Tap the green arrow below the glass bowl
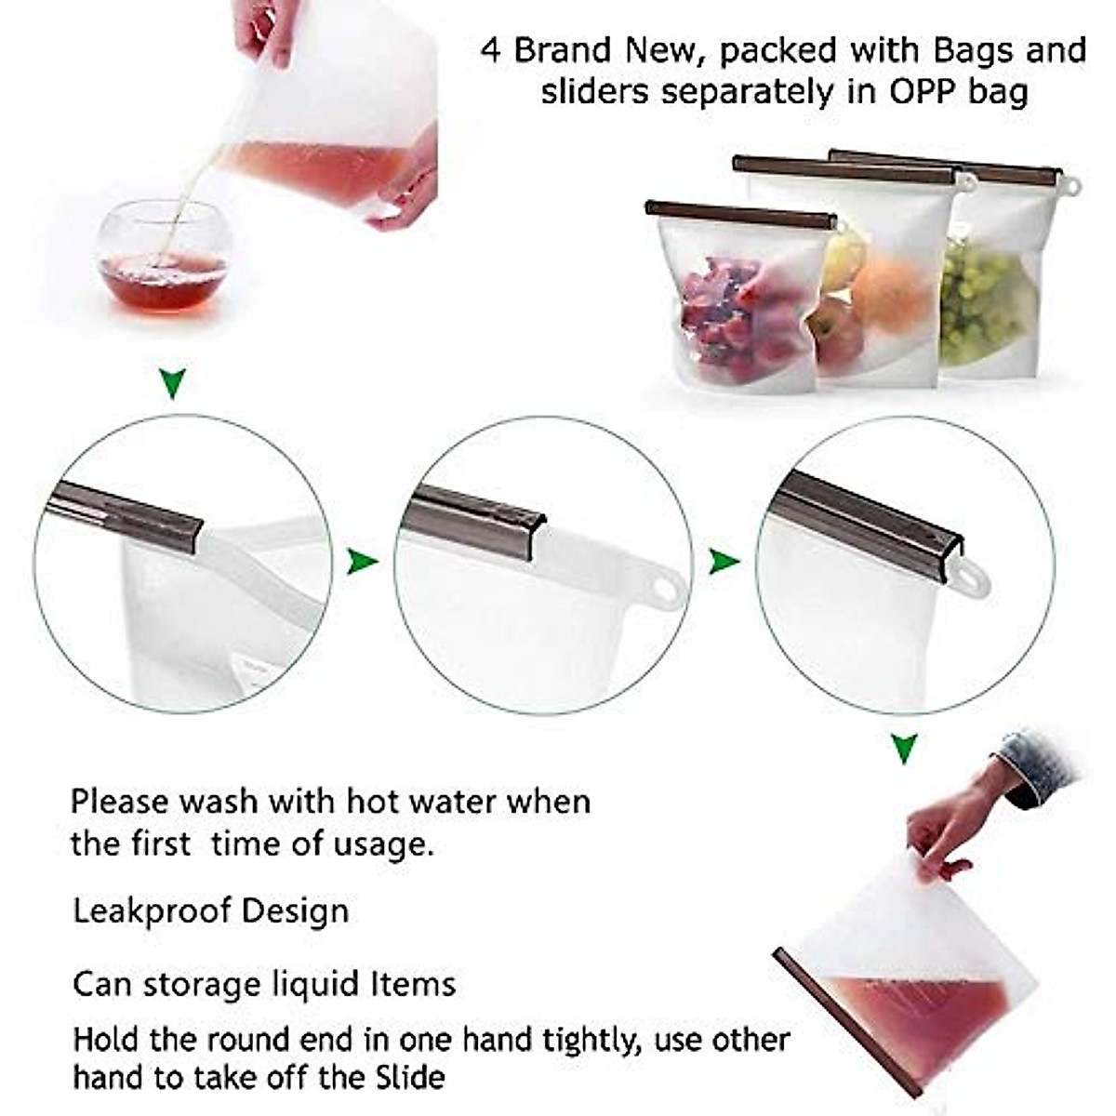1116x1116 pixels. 173,381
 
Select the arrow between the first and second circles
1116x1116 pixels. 362,561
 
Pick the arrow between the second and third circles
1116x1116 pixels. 724,561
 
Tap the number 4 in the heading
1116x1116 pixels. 491,50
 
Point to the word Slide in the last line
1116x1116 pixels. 410,1078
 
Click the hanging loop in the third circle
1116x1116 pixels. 973,578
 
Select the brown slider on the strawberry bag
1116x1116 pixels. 740,215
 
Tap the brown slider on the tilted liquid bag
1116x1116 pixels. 844,1023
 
